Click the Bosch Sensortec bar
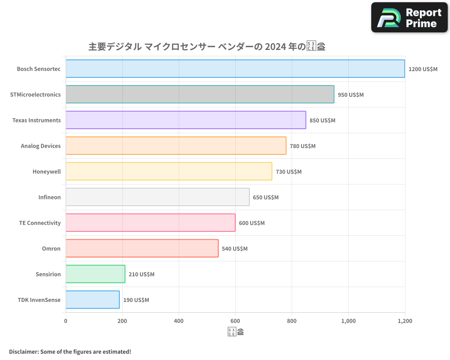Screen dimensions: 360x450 pos(235,69)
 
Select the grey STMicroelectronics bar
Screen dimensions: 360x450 pos(200,94)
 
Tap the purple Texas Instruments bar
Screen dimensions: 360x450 pos(185,120)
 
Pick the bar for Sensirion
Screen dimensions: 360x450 pos(95,274)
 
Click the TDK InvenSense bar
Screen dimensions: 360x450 pos(92,300)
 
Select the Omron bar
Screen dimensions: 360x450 pos(142,248)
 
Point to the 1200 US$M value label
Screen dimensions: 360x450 pos(423,69)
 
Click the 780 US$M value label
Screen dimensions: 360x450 pos(302,146)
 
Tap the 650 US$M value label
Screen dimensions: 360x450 pos(265,198)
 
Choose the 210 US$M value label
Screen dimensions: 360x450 pos(141,274)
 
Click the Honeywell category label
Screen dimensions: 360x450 pos(46,172)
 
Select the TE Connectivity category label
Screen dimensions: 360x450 pos(40,223)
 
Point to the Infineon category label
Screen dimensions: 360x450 pos(49,198)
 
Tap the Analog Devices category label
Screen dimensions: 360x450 pos(40,146)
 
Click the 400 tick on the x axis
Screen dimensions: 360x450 pos(179,321)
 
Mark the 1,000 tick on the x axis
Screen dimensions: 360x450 pos(348,321)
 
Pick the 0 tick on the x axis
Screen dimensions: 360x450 pos(66,321)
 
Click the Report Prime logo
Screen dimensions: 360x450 pos(409,18)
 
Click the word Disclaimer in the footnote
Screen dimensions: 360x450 pos(23,351)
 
